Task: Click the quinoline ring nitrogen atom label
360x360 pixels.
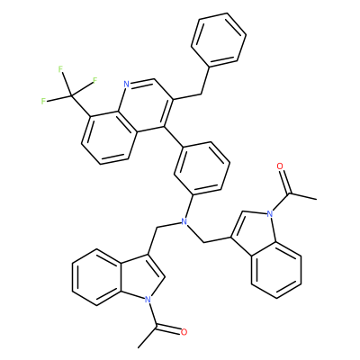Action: point(126,85)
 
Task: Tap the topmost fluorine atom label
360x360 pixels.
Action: point(60,69)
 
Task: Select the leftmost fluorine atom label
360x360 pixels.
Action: point(44,101)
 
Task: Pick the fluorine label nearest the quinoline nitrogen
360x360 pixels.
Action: point(95,80)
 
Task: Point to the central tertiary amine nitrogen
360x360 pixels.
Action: point(184,222)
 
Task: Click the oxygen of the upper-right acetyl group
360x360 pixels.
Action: point(280,166)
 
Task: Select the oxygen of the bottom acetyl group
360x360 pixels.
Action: point(184,332)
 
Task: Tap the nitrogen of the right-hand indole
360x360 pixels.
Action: point(270,214)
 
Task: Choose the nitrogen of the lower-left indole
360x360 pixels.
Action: point(147,299)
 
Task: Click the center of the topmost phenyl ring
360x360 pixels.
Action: point(219,40)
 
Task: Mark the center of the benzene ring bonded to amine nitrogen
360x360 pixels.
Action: point(202,168)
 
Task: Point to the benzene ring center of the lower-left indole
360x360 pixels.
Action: point(96,277)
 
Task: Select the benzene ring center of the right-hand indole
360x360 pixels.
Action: point(276,270)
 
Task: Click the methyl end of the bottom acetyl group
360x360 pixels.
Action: point(139,347)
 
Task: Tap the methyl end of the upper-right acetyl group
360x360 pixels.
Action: point(316,199)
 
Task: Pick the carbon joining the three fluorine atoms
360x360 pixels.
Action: point(71,95)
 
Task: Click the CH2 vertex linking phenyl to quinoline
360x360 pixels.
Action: point(200,94)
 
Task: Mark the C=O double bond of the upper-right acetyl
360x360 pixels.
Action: point(284,180)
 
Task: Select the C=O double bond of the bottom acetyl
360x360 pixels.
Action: point(168,328)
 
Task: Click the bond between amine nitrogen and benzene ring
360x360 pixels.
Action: point(188,208)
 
